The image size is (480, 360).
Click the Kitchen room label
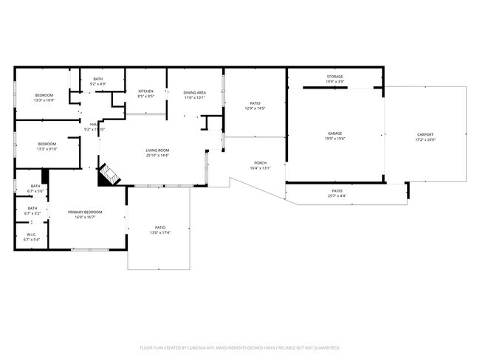click(x=145, y=91)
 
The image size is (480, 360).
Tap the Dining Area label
click(x=195, y=92)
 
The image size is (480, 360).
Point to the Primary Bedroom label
click(x=85, y=212)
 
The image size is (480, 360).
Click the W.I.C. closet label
click(x=32, y=235)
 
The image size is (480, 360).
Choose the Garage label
click(x=335, y=134)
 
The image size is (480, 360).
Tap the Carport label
click(x=425, y=134)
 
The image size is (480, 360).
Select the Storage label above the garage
click(x=335, y=77)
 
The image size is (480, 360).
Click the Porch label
click(x=260, y=163)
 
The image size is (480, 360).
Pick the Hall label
click(x=94, y=124)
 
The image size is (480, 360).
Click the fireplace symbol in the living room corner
click(x=109, y=174)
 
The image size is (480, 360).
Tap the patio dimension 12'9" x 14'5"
click(x=254, y=108)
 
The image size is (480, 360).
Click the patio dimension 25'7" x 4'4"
click(x=336, y=196)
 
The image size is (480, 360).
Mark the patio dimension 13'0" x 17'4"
click(x=160, y=232)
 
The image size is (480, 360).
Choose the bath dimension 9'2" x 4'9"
click(x=97, y=84)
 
